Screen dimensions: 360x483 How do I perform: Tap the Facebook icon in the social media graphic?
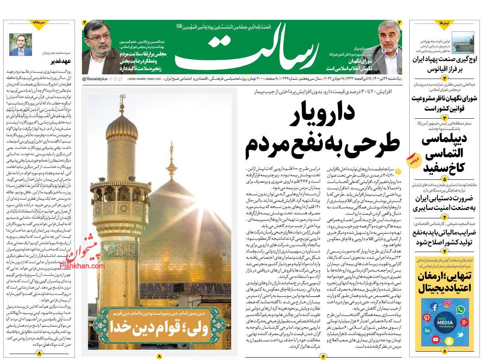pyautogui.click(x=434, y=307)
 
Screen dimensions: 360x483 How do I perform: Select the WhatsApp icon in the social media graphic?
pyautogui.click(x=460, y=309)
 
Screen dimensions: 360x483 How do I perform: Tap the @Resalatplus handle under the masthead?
pyautogui.click(x=95, y=79)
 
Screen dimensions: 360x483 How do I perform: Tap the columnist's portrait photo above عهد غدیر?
pyautogui.click(x=21, y=44)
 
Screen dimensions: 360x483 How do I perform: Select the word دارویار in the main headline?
pyautogui.click(x=323, y=115)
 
